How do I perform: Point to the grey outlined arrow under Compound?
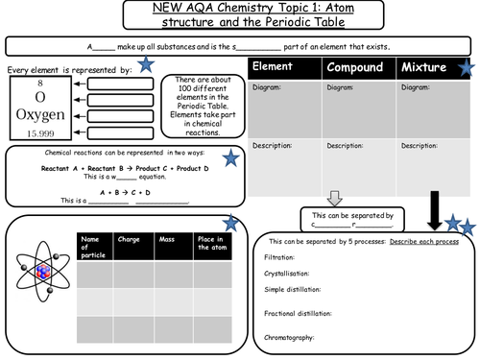point(335,197)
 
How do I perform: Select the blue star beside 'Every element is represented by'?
point(145,65)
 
